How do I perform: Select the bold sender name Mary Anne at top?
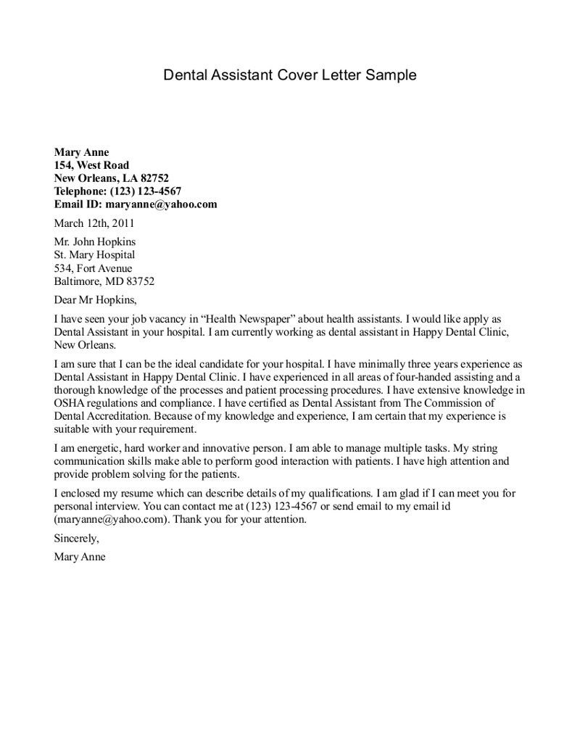click(x=81, y=152)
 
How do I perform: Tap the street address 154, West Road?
click(x=91, y=165)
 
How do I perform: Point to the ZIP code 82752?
click(x=155, y=178)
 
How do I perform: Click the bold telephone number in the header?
click(x=146, y=191)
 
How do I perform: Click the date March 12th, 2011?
click(x=94, y=223)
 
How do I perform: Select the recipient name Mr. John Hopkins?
click(x=95, y=242)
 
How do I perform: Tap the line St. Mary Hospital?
click(x=94, y=255)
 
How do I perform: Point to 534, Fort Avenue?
click(x=93, y=268)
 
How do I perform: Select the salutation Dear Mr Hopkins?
click(x=95, y=299)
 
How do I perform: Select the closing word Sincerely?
click(x=76, y=539)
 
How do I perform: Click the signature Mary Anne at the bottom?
click(x=80, y=557)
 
